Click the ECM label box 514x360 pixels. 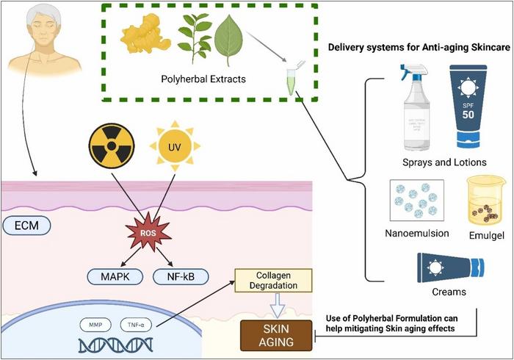26,225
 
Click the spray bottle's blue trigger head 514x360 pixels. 412,73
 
